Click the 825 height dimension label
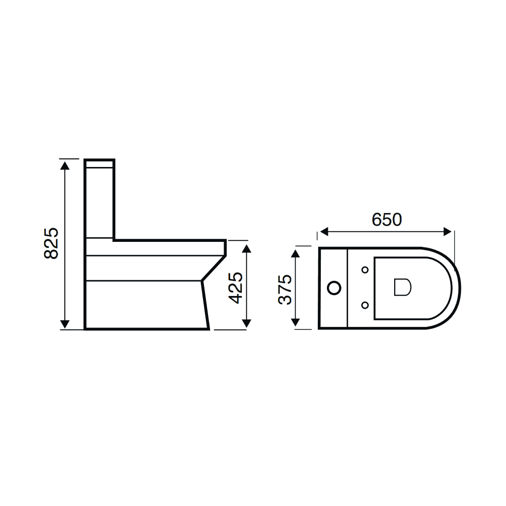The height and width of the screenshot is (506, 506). point(51,243)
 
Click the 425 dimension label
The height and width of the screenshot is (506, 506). point(235,287)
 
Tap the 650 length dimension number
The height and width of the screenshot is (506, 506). point(387,220)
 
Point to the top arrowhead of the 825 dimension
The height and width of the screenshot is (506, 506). point(65,163)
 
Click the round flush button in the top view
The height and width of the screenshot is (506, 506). point(334,288)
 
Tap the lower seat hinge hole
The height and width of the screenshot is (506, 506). point(365,305)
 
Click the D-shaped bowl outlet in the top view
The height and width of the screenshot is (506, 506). point(402,287)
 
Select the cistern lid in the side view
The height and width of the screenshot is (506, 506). point(100,163)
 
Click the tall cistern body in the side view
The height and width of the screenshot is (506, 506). point(100,202)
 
